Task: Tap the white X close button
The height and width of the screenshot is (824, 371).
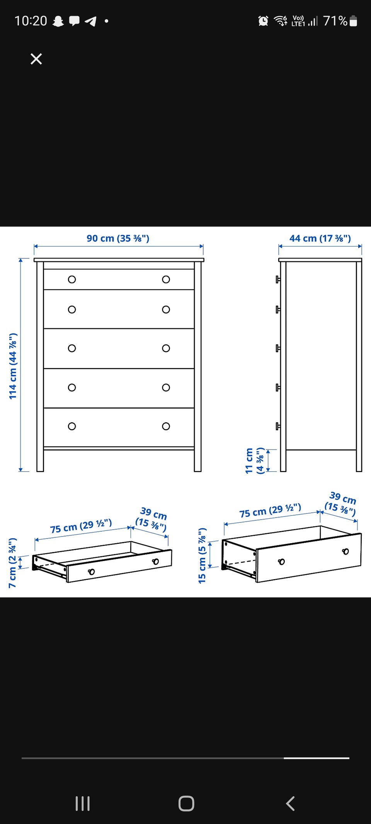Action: pos(36,59)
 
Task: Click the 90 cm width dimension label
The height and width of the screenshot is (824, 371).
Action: pos(118,238)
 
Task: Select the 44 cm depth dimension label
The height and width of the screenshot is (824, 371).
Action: pos(320,238)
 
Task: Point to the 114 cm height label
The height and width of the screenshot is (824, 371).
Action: pos(13,366)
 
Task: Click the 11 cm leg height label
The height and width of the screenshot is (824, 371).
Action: pos(255,460)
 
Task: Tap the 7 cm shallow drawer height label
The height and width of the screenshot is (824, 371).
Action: pos(12,562)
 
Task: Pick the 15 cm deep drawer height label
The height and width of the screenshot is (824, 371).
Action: pos(202,556)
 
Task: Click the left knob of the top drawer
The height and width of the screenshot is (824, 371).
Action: pos(72,279)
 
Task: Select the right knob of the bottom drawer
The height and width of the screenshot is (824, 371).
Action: pos(166,426)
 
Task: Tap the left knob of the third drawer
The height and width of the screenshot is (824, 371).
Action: pos(72,348)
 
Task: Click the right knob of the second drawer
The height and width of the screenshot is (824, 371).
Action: pos(166,309)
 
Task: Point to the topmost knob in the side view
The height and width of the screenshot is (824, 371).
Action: pos(278,279)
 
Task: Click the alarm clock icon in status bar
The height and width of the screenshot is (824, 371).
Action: pos(263,21)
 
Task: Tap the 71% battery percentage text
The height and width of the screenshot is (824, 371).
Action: pos(335,21)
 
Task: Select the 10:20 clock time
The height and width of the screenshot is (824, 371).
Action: pos(31,21)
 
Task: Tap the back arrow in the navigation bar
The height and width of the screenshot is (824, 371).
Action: pos(290,804)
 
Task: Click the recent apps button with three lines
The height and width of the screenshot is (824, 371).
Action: pos(83,804)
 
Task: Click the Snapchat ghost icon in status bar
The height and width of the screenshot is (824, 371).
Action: pos(58,21)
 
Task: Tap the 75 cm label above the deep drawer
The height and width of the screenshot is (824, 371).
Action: pos(270,510)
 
